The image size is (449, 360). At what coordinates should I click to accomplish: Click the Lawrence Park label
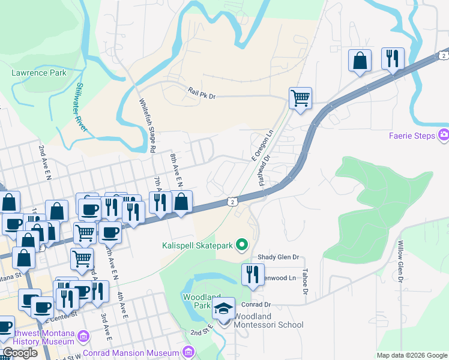(39, 73)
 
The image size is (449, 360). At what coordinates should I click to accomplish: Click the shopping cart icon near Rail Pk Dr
(300, 97)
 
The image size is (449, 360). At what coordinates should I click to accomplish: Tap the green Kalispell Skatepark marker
(241, 244)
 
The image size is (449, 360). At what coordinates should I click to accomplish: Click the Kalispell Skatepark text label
(196, 245)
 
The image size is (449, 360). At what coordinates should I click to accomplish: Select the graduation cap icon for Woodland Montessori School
(224, 309)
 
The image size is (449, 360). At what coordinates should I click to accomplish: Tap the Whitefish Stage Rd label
(148, 125)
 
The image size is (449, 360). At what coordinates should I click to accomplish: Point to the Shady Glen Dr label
(278, 257)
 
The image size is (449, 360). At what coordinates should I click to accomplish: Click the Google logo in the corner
(20, 353)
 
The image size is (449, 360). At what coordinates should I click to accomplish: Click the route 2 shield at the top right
(442, 55)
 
